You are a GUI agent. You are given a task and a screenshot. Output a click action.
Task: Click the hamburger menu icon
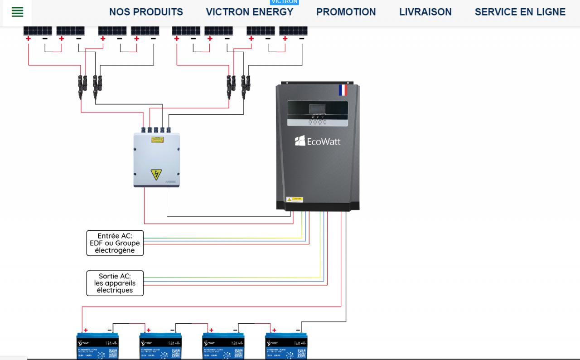(x=17, y=12)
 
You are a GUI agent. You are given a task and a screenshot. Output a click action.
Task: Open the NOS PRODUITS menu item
(x=146, y=12)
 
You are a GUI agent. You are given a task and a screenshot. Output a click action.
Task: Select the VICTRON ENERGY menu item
(x=249, y=12)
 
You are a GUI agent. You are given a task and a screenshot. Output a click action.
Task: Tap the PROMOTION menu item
(x=346, y=12)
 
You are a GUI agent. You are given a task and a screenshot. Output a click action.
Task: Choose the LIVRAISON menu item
(x=425, y=12)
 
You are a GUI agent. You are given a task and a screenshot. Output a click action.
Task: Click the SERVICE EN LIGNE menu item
(x=520, y=12)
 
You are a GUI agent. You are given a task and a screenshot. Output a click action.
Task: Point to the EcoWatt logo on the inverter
(x=317, y=141)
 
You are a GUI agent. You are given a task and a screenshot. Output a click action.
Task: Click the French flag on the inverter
(x=343, y=90)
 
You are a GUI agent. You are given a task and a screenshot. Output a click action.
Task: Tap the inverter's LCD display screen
(x=317, y=109)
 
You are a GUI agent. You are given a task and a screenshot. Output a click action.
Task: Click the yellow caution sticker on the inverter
(x=295, y=199)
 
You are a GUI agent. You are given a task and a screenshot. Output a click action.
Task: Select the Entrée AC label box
(x=115, y=243)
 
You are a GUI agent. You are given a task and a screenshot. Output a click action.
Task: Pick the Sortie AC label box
(x=115, y=283)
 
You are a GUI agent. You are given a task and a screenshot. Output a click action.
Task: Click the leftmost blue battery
(x=97, y=347)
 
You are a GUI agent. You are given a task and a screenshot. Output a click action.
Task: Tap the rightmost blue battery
(x=286, y=347)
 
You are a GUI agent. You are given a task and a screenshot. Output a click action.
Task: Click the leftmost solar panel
(x=38, y=31)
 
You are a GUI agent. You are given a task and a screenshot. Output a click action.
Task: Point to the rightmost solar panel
(x=293, y=31)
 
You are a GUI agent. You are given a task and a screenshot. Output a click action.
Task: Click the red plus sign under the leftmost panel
(x=28, y=39)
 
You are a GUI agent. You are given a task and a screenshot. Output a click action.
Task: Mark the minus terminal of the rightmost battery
(x=298, y=330)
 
